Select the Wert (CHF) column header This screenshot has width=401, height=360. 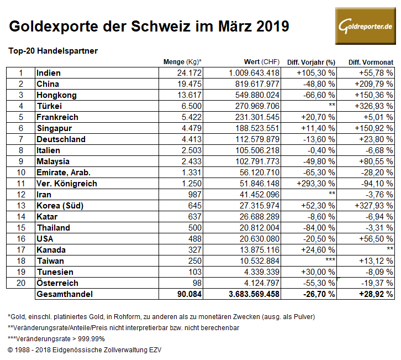(262, 61)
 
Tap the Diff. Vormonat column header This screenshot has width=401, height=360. (371, 61)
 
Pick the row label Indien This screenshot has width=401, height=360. (48, 73)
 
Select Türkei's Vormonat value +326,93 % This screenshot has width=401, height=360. (372, 106)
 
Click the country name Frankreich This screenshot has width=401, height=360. (57, 117)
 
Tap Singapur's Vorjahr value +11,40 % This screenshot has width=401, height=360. (316, 128)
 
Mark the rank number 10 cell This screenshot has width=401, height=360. (20, 173)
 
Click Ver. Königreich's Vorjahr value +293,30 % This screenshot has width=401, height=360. (316, 184)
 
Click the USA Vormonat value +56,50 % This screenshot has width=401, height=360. (374, 239)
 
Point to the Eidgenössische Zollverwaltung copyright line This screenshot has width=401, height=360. (85, 349)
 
